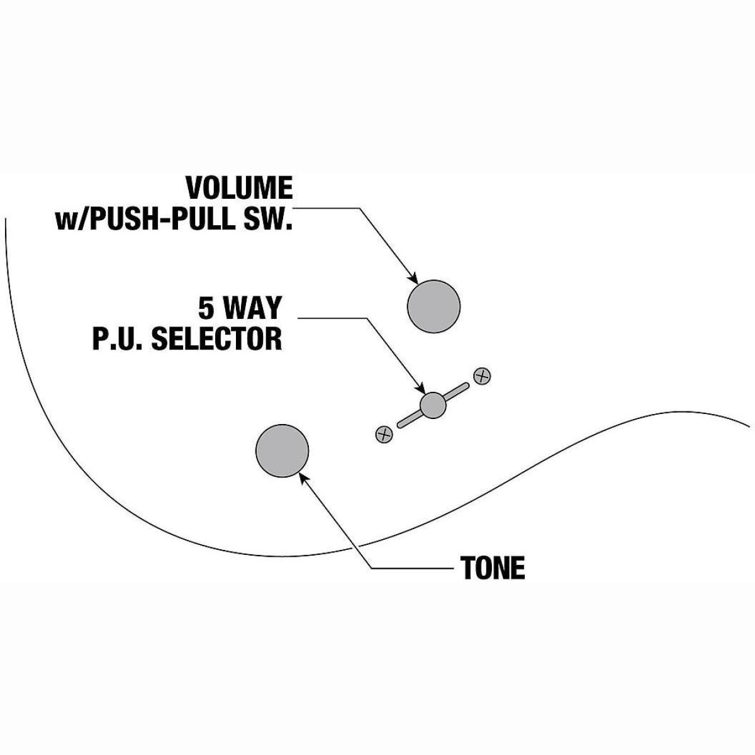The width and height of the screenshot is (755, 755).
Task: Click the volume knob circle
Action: coord(434,305)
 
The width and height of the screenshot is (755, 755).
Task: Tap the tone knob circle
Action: coord(282,451)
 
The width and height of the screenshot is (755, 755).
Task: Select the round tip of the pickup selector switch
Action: coord(432,405)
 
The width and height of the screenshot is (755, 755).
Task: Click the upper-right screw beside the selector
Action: coord(482,376)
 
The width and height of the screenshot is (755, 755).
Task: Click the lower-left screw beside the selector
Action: coord(384,433)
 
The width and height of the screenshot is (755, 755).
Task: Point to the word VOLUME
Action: coord(239,188)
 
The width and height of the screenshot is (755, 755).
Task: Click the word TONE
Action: coord(493,568)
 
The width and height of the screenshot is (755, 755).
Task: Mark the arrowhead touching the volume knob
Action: coord(413,279)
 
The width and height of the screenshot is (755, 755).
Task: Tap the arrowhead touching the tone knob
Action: coord(303,478)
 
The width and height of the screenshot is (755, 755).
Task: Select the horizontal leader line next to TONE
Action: coord(412,569)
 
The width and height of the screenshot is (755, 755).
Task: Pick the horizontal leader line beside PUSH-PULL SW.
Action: coord(327,208)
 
